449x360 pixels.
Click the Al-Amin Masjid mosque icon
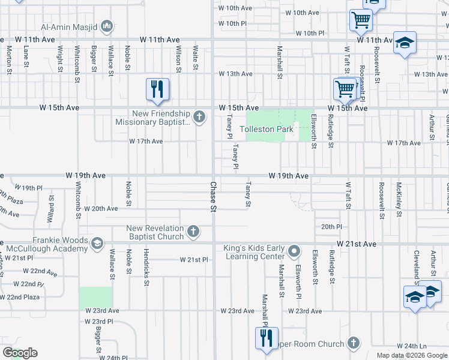[x=107, y=26]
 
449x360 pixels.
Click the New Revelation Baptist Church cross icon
[x=193, y=231]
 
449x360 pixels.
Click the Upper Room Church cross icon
[x=354, y=343]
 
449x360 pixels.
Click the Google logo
[x=20, y=353]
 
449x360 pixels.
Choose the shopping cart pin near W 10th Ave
[x=361, y=20]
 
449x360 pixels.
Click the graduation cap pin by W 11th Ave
[x=405, y=43]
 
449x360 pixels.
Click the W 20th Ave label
[x=101, y=209]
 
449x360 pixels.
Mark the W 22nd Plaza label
[x=20, y=297]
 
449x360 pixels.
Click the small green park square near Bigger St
[x=95, y=298]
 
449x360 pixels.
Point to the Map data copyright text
[x=412, y=355]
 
